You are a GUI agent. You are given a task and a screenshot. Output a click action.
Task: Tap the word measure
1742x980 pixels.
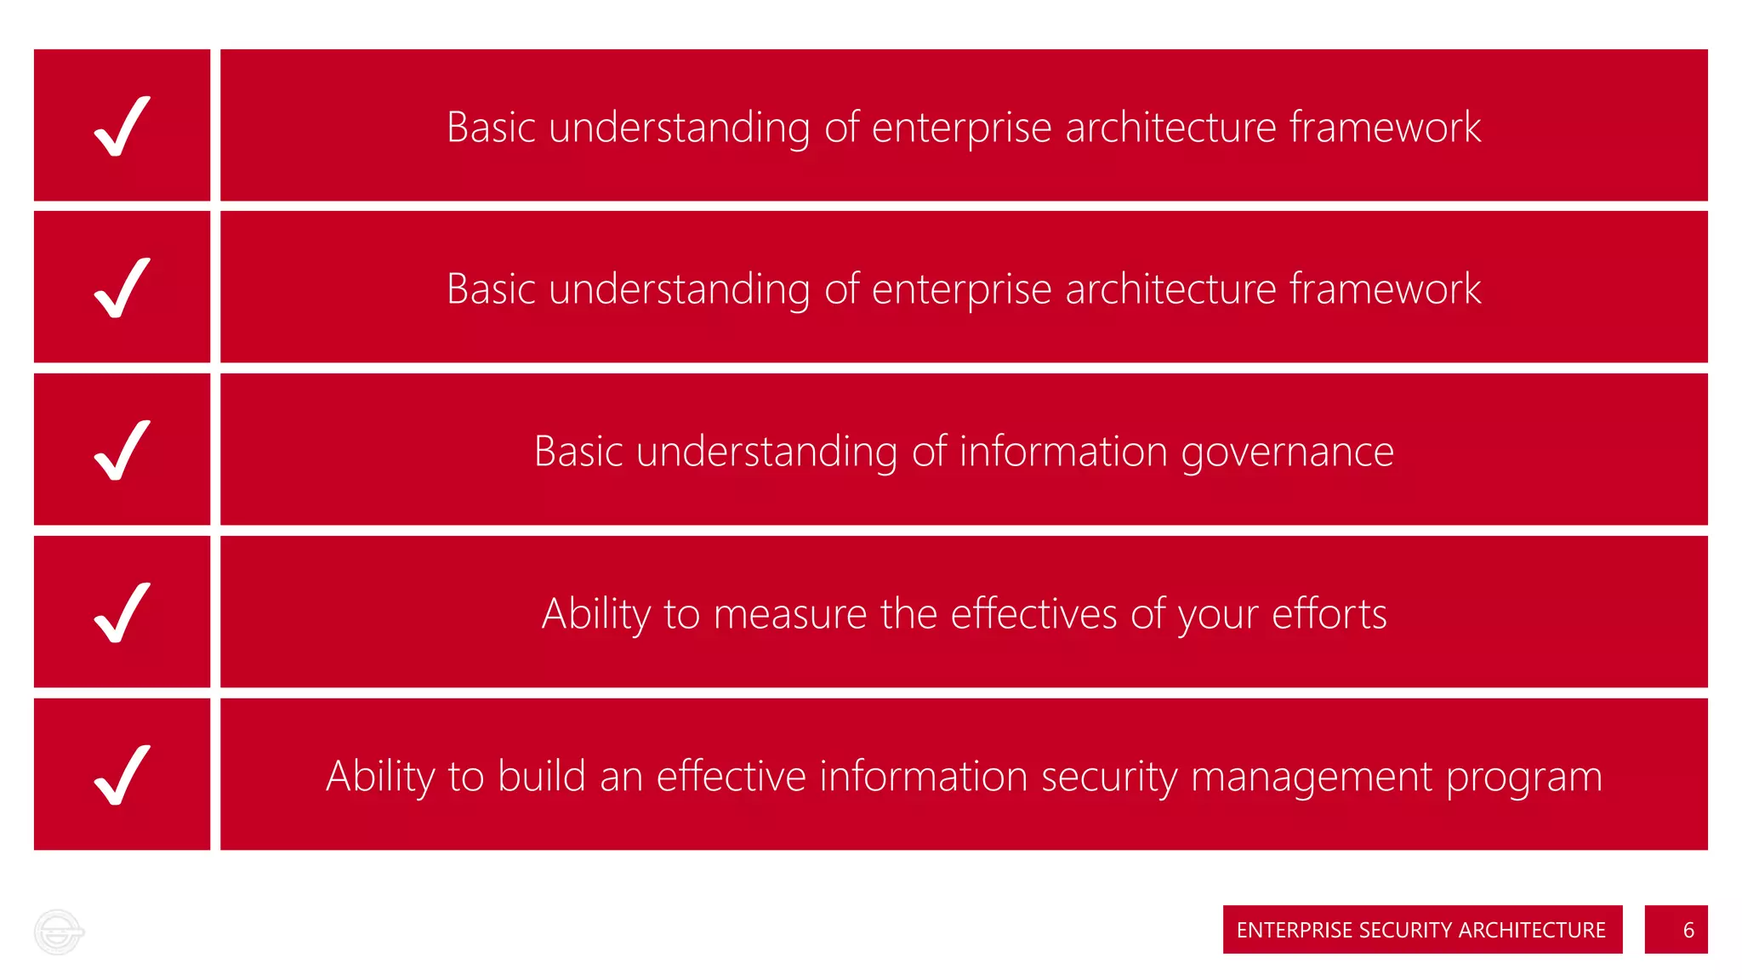(790, 614)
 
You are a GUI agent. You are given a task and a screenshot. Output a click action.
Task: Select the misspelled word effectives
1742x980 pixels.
(1033, 614)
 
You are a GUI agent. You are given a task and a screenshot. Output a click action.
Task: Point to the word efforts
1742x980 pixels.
(1329, 614)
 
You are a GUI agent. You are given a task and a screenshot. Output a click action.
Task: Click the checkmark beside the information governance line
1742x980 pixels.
(122, 450)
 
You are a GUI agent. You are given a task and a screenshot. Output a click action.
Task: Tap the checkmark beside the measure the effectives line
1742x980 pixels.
(122, 612)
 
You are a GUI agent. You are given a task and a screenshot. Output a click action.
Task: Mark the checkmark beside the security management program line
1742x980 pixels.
(122, 775)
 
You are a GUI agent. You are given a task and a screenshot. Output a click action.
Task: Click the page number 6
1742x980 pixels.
(1688, 930)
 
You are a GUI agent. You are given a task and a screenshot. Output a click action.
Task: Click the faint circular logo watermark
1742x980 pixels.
(58, 932)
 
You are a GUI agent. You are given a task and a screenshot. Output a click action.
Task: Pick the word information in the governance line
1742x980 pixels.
(1063, 452)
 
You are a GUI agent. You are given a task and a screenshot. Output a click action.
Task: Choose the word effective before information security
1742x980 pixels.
(731, 777)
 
